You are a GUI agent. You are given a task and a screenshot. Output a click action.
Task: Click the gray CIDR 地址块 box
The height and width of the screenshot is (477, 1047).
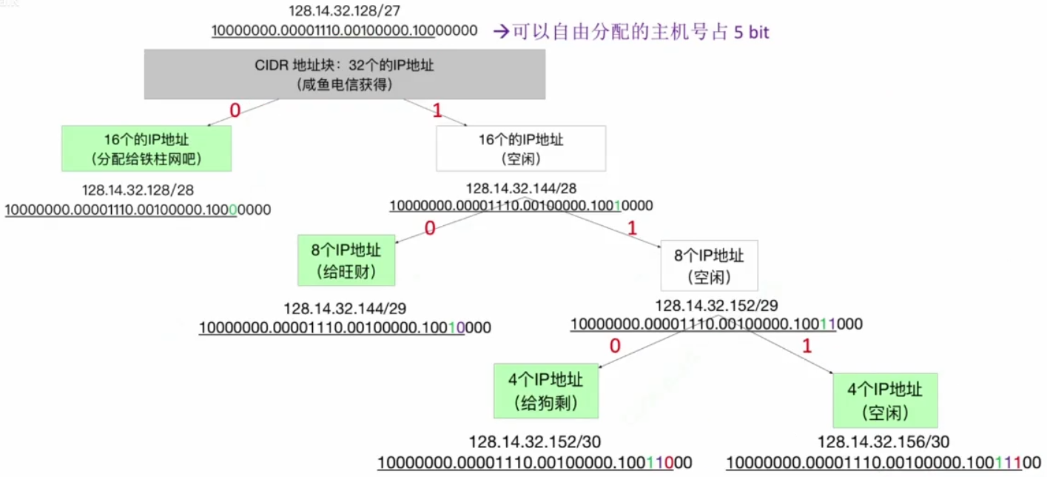345,74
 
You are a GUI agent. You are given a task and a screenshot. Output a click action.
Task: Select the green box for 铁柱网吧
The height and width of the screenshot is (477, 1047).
147,148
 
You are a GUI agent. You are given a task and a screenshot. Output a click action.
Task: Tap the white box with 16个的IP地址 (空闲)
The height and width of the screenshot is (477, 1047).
521,148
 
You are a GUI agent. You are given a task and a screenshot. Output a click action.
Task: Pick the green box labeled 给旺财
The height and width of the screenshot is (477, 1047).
346,260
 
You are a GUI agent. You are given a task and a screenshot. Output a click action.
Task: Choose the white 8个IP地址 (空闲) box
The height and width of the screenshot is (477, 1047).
709,265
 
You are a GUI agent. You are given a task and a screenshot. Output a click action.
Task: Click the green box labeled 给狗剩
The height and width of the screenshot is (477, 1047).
546,391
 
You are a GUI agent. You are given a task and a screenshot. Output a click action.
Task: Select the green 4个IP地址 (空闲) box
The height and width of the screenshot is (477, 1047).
885,400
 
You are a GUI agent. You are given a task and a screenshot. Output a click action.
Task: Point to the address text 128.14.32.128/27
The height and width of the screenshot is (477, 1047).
345,10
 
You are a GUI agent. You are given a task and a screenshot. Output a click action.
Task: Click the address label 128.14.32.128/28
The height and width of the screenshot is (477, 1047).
138,190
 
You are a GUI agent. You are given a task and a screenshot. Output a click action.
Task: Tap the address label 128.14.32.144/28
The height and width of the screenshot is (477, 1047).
521,188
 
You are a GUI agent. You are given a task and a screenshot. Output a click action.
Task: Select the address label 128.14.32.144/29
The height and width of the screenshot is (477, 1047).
345,308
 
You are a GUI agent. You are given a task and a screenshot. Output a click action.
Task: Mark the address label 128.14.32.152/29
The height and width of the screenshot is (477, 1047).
716,306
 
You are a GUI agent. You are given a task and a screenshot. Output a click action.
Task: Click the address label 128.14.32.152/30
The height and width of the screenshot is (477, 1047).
535,442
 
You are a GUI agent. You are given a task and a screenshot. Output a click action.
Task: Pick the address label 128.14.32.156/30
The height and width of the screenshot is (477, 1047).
883,442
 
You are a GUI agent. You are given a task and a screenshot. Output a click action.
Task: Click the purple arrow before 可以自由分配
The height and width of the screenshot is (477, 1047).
501,32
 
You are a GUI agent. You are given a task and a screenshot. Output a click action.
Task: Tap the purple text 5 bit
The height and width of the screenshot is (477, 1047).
751,33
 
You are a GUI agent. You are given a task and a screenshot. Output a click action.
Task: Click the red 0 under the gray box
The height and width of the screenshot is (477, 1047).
235,110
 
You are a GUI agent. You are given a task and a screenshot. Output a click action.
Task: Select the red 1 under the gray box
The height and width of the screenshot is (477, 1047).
437,110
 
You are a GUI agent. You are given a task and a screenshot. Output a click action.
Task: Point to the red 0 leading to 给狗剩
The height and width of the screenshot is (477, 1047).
615,346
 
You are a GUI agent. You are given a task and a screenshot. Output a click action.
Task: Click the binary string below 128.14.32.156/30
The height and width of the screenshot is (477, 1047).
883,463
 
